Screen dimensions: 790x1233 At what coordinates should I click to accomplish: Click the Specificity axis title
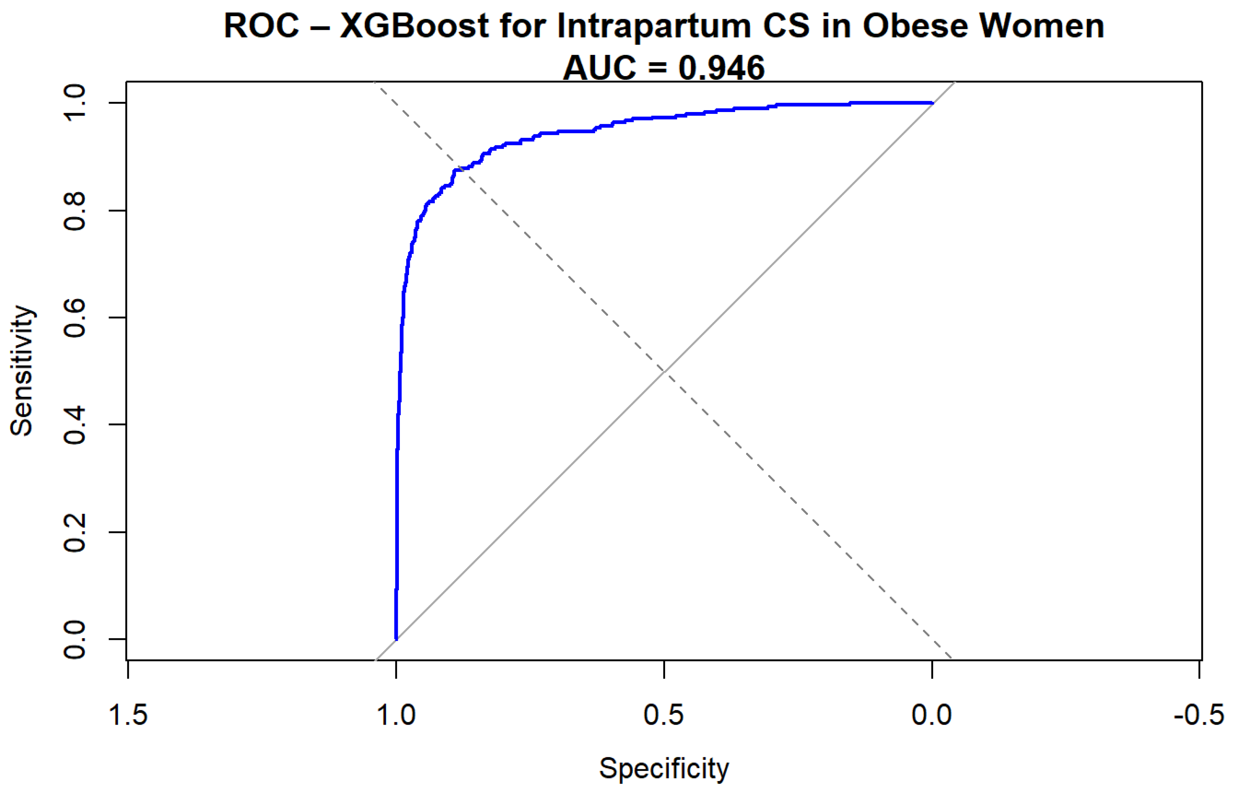click(x=664, y=768)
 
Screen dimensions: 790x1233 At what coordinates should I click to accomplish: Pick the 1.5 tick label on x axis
click(x=128, y=715)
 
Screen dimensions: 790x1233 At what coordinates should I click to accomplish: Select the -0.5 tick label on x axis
click(x=1199, y=715)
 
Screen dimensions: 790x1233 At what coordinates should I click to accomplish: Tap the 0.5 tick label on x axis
click(x=664, y=715)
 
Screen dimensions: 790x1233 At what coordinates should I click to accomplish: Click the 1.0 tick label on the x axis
click(x=396, y=715)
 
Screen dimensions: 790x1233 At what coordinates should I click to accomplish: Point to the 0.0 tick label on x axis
click(x=932, y=715)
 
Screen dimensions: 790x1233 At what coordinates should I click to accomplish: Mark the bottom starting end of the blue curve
click(x=396, y=639)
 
